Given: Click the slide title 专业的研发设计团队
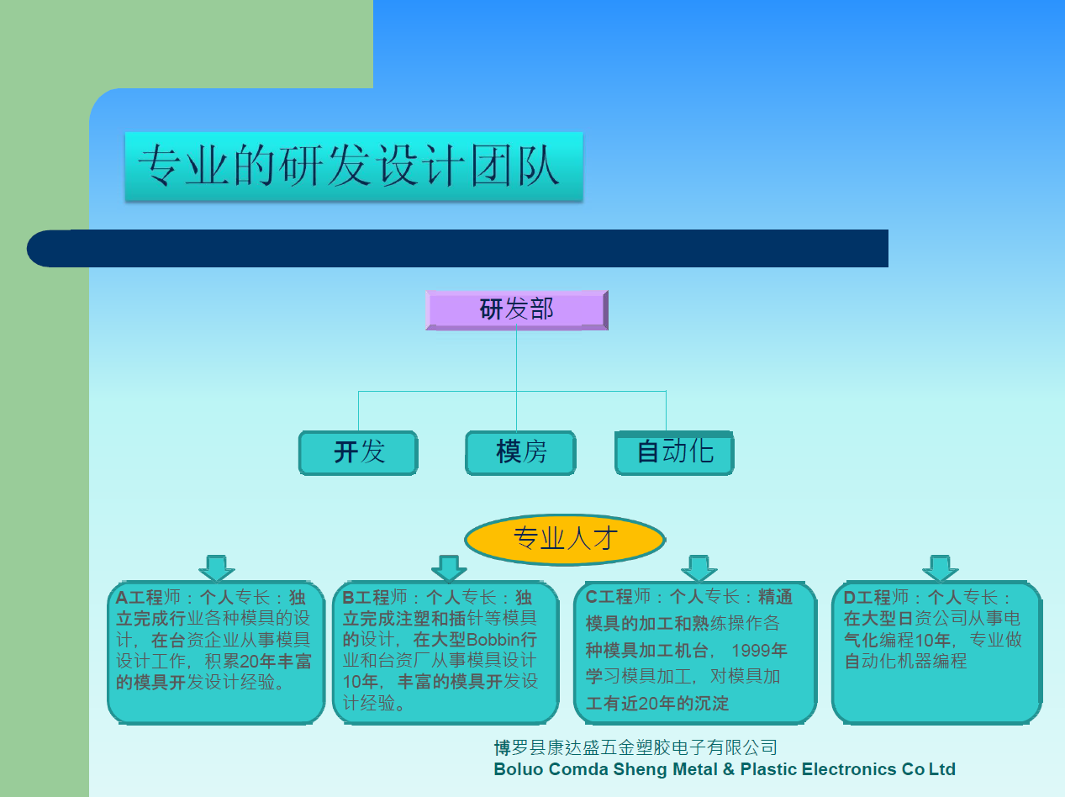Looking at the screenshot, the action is pos(349,166).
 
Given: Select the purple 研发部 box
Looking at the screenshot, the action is pos(517,310).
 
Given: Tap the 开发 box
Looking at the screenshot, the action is pos(358,452).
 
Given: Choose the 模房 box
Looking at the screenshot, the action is pos(520,452).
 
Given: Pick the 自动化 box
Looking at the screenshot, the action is pos(674,452).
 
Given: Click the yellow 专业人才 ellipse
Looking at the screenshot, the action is pos(565,540).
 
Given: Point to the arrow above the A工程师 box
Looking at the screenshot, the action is pos(216,568).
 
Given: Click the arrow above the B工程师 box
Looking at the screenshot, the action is pos(449,568).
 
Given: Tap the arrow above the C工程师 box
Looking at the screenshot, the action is pos(699,568).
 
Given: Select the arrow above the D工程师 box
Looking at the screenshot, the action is pos(940,568).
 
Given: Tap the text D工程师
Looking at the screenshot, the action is pos(876,597).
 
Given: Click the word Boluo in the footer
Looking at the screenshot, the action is pos(518,769).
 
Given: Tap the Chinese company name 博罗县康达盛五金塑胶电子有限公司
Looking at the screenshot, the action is pos(635,747).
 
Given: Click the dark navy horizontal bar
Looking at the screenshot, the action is pos(457,248).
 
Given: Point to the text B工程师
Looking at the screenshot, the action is pos(375,597).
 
